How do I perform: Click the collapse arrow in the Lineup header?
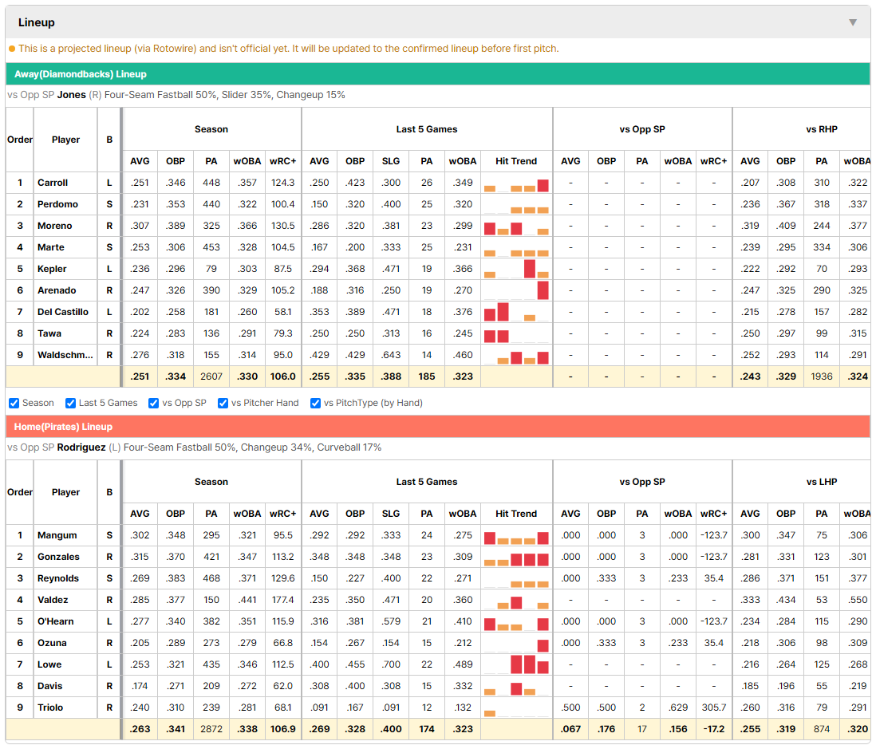853,22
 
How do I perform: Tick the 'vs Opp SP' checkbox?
154,404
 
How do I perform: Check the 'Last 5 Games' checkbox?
70,404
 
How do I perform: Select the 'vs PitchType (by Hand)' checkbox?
316,404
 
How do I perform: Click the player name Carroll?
53,183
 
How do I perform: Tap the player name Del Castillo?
62,312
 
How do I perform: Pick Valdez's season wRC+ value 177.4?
282,600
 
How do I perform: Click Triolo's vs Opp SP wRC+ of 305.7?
714,708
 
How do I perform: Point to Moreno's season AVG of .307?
140,226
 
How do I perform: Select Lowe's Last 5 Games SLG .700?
391,664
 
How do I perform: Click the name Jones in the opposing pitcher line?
72,95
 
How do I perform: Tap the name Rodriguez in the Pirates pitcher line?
81,447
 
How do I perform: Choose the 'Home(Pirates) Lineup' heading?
63,427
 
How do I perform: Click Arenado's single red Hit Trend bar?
543,290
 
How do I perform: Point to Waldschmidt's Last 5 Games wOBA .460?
463,355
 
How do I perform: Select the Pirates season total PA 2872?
211,729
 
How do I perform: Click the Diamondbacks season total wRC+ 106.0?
282,377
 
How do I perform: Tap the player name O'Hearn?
55,621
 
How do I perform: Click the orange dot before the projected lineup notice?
12,49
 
